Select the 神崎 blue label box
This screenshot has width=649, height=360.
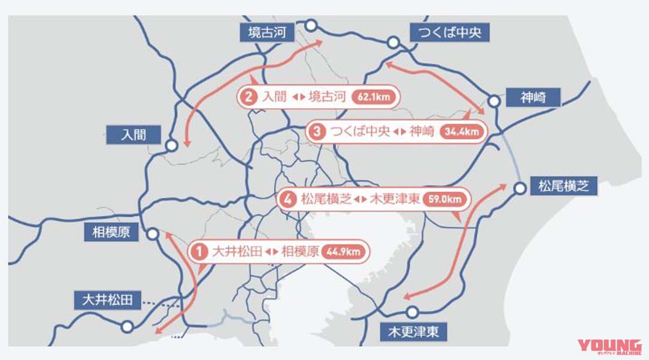pyautogui.click(x=533, y=97)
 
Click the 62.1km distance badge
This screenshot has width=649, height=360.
pyautogui.click(x=374, y=97)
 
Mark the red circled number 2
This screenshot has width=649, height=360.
pyautogui.click(x=248, y=97)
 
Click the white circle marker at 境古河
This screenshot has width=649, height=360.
pyautogui.click(x=311, y=25)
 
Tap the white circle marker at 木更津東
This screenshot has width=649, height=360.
pyautogui.click(x=412, y=312)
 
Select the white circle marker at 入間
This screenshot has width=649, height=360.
pyautogui.click(x=171, y=145)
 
